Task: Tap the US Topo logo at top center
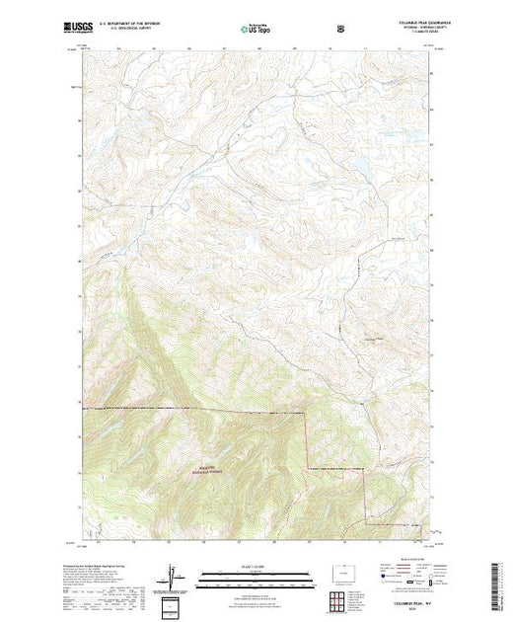pos(257,30)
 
